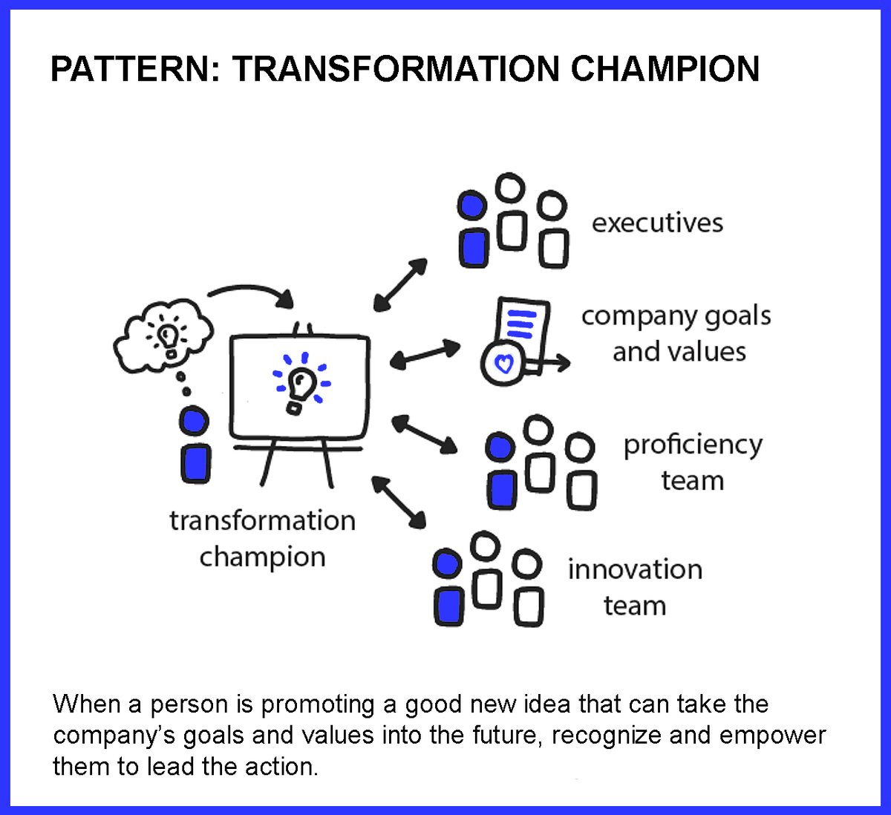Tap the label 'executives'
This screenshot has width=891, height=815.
click(x=657, y=223)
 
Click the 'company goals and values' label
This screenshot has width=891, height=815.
click(x=676, y=333)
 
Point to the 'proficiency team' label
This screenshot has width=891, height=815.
click(x=693, y=462)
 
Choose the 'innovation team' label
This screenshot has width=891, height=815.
click(x=635, y=587)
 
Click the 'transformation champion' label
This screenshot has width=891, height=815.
click(x=262, y=538)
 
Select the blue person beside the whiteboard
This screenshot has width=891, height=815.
click(x=195, y=446)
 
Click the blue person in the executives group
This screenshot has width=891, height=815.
click(x=473, y=230)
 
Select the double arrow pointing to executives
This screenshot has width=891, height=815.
click(x=401, y=284)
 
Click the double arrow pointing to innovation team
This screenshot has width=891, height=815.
click(x=399, y=503)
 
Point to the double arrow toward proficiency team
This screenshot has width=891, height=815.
click(x=424, y=434)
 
